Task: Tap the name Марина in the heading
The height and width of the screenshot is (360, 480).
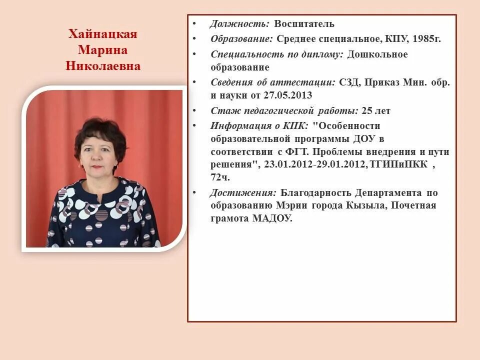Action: tap(102, 50)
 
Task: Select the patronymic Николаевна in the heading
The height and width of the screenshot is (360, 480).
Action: tap(102, 66)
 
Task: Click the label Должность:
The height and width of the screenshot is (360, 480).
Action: tap(239, 23)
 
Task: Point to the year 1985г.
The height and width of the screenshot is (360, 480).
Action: tap(427, 38)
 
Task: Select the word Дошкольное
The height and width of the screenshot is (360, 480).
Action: tap(377, 54)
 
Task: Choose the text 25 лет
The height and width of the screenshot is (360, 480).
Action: tap(375, 110)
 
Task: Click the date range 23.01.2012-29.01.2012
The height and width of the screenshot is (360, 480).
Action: tap(311, 164)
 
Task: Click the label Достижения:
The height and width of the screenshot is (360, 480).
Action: tap(242, 192)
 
